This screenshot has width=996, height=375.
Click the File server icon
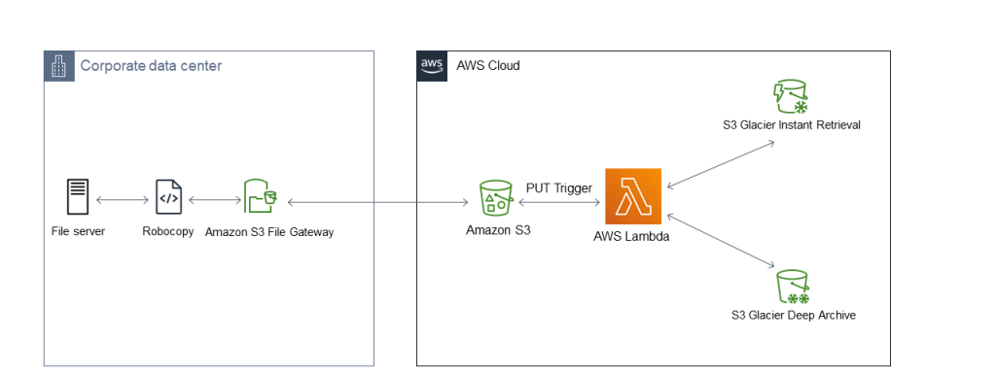pyautogui.click(x=78, y=197)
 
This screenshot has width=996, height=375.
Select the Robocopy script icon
pyautogui.click(x=168, y=197)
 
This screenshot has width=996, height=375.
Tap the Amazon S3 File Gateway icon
pyautogui.click(x=260, y=196)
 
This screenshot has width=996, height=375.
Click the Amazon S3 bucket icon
pyautogui.click(x=496, y=197)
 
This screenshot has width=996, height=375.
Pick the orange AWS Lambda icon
pyautogui.click(x=633, y=196)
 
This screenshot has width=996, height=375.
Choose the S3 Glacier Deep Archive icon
pyautogui.click(x=793, y=288)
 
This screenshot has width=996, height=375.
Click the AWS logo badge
pyautogui.click(x=431, y=65)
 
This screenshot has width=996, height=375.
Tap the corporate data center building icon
pyautogui.click(x=59, y=66)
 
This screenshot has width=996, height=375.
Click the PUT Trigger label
pyautogui.click(x=559, y=187)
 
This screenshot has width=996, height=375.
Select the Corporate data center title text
pyautogui.click(x=151, y=66)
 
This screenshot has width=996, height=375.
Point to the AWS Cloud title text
pyautogui.click(x=488, y=66)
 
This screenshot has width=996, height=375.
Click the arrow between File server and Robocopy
pyautogui.click(x=123, y=200)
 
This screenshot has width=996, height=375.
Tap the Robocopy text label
pyautogui.click(x=167, y=232)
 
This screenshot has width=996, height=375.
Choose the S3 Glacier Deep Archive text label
pyautogui.click(x=793, y=316)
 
